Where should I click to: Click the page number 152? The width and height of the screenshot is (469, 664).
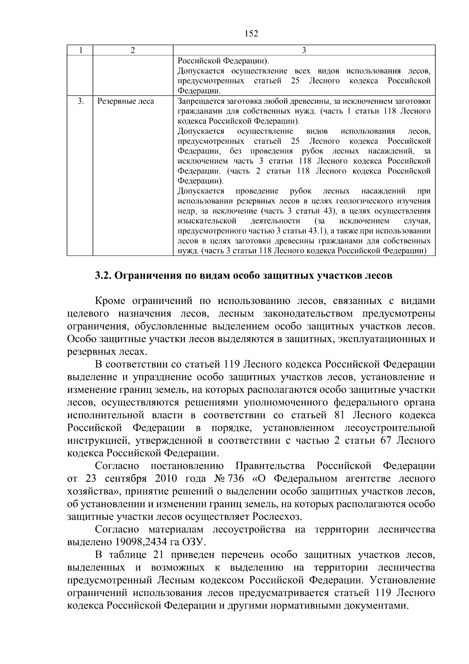251,34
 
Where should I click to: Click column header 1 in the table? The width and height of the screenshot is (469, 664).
80,50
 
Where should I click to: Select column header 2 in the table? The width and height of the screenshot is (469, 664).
133,50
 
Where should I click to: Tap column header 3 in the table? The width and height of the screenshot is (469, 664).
304,50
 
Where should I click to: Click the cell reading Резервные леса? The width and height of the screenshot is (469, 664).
125,102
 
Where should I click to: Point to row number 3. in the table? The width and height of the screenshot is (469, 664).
80,102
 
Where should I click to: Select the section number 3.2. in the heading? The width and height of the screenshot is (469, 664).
104,275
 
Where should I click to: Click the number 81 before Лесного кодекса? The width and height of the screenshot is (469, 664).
339,415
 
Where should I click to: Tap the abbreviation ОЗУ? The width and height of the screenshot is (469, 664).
196,542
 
